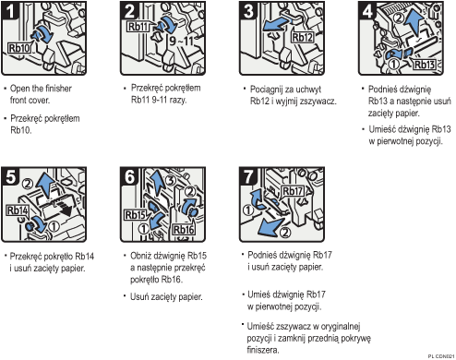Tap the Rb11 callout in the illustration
pyautogui.click(x=138, y=27)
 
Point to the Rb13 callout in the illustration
pyautogui.click(x=424, y=64)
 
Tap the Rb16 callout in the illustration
pyautogui.click(x=183, y=228)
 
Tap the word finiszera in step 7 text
pyautogui.click(x=264, y=350)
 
